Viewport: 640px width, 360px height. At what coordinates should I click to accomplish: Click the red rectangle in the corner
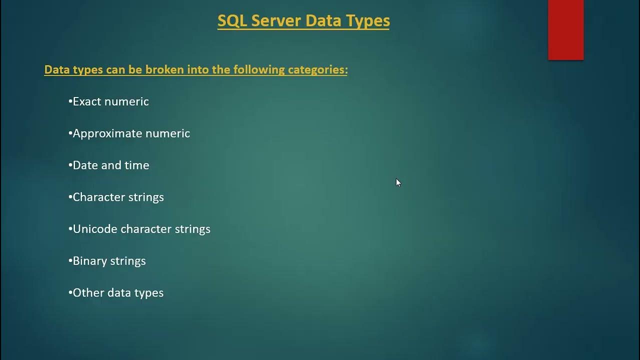(565, 29)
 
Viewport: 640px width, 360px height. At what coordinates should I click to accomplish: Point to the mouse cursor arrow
(398, 182)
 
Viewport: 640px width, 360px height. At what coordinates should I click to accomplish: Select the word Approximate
(106, 133)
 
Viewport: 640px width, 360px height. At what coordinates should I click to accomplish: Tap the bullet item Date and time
(110, 165)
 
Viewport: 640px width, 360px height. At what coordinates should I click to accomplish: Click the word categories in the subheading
(317, 70)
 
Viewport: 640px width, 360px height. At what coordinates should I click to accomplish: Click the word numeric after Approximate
(167, 133)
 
